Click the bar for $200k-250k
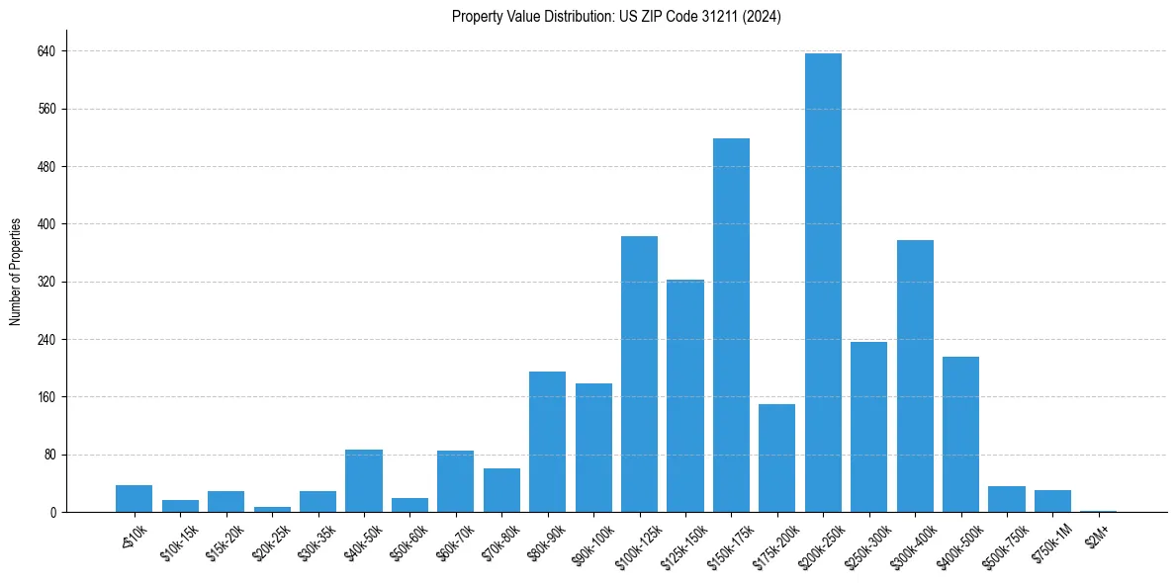(823, 283)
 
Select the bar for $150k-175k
(731, 325)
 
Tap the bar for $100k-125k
(639, 375)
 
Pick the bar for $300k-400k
(915, 376)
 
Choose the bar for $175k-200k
(776, 458)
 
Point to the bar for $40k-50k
(363, 481)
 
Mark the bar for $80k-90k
(547, 442)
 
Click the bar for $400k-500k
(960, 435)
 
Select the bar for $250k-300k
(868, 427)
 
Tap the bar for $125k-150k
(684, 396)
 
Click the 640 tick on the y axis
(47, 51)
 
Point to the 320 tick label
(47, 283)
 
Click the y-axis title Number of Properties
(16, 272)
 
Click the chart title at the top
(616, 17)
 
